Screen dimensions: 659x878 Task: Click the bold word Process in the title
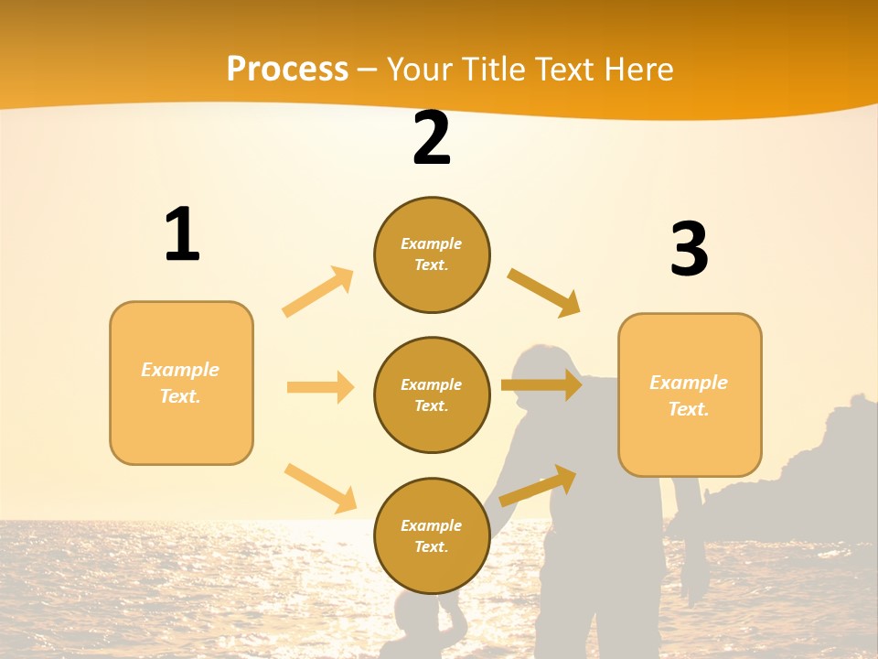point(287,70)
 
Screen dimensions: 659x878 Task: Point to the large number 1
point(182,235)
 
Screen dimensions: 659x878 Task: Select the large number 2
point(432,139)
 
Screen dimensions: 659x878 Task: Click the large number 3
point(689,249)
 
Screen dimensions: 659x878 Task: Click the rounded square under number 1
point(181,383)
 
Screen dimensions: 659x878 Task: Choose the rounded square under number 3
point(690,395)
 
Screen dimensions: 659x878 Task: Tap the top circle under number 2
point(432,254)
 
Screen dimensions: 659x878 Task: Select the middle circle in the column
point(432,395)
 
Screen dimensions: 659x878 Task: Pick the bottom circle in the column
point(432,536)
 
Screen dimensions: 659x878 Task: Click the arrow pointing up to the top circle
point(318,291)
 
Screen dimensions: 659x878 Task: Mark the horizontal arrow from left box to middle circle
point(320,387)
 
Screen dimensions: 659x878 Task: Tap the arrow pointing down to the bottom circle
point(320,487)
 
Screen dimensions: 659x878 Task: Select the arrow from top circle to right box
point(544,293)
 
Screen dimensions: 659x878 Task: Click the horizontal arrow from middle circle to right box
point(541,385)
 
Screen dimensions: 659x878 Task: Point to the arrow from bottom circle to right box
point(538,485)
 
